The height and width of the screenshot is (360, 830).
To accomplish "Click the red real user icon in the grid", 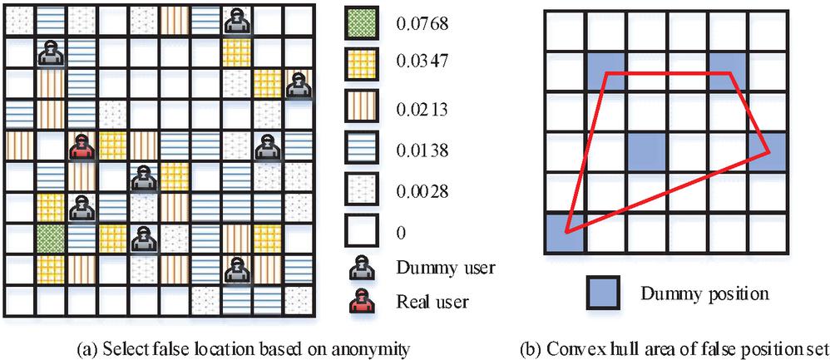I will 82,148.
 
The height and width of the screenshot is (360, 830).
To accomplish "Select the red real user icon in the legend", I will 362,302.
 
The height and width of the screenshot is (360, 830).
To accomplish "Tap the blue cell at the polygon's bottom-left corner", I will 563,233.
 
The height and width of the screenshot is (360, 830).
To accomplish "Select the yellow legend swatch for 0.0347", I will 362,65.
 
